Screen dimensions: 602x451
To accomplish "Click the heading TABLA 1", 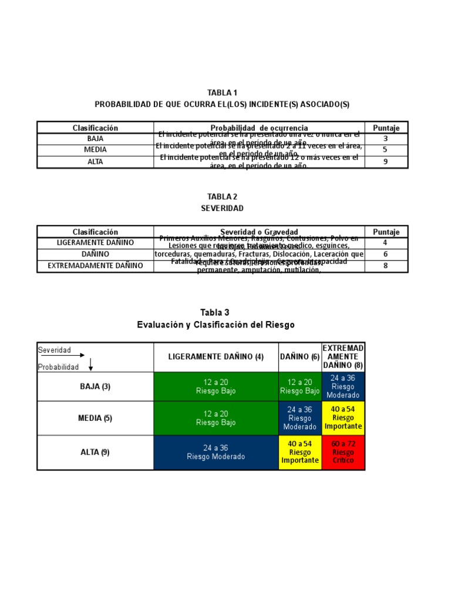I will (x=222, y=93).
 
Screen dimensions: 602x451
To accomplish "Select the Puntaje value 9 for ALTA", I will (x=386, y=162).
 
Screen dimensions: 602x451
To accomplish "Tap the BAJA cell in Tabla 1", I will (x=95, y=139).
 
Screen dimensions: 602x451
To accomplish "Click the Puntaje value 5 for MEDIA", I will (x=386, y=150).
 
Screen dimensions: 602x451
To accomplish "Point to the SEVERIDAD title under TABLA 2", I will (x=222, y=208).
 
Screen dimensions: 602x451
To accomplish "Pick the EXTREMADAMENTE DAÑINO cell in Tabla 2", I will (x=95, y=266).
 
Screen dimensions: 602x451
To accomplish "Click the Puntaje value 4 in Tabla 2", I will (x=386, y=242).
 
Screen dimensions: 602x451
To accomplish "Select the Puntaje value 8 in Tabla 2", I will (x=386, y=266).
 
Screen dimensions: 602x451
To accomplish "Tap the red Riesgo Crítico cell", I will (x=343, y=452).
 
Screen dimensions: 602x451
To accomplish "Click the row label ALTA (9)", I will (x=95, y=452).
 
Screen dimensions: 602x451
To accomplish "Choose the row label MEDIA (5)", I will (x=95, y=419).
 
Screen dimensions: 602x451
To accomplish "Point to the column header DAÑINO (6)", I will (x=299, y=357).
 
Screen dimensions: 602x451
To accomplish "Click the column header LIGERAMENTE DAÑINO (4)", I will (x=216, y=357).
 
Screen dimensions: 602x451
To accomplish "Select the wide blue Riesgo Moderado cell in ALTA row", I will (x=216, y=452).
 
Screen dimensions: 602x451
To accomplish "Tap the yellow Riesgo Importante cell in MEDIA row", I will (x=343, y=418).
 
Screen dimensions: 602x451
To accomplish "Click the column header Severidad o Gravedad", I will (x=259, y=232).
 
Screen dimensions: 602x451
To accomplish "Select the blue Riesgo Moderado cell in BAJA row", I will (x=343, y=386).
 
